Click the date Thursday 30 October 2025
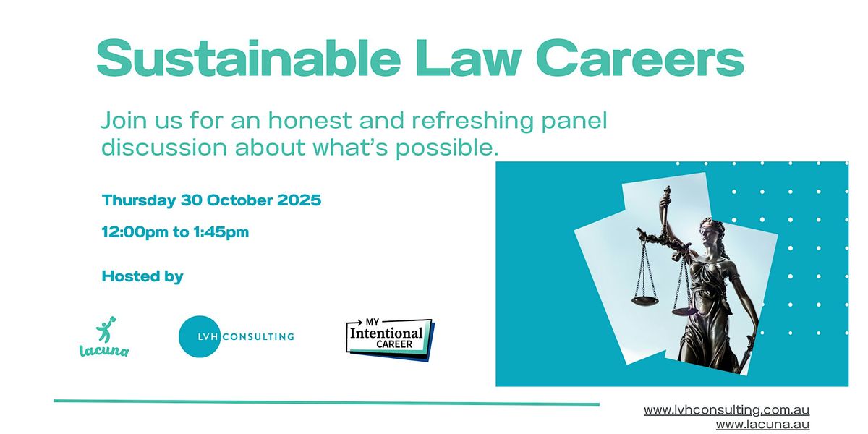point(211,200)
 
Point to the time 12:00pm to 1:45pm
point(175,233)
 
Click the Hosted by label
point(142,276)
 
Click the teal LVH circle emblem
point(198,336)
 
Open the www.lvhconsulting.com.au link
point(726,410)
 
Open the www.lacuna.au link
point(762,425)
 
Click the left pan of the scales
point(644,299)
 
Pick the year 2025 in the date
point(299,200)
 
